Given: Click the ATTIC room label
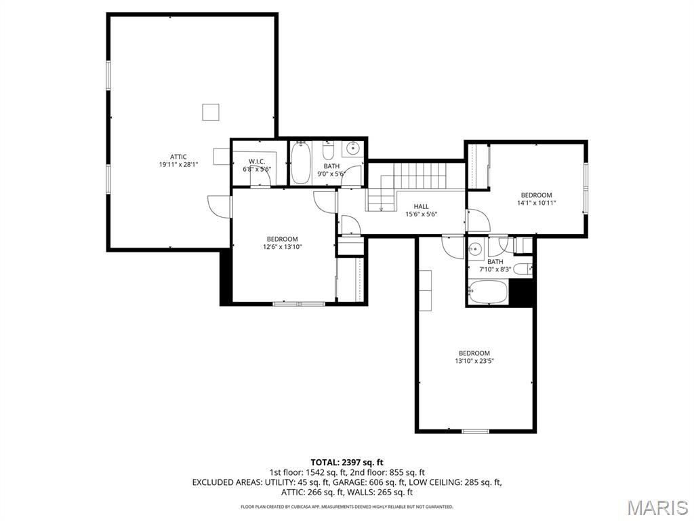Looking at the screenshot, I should click(x=178, y=157).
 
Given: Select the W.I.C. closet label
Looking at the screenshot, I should click(x=256, y=161).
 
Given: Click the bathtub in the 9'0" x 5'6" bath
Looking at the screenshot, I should click(x=301, y=163).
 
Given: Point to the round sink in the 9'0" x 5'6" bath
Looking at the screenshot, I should click(x=353, y=149).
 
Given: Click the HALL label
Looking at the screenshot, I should click(x=422, y=206).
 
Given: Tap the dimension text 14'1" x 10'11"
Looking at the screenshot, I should click(x=536, y=202).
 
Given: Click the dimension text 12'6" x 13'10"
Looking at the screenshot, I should click(x=282, y=247).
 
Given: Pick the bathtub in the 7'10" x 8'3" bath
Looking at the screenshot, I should click(x=487, y=294).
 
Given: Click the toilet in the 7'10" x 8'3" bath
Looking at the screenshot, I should click(x=523, y=269).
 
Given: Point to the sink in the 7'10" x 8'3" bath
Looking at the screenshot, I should click(x=476, y=248).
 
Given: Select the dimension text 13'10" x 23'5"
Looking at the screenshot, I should click(x=474, y=361).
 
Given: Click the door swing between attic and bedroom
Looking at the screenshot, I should click(x=219, y=206).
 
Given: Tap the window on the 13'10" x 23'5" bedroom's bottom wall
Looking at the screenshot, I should click(x=475, y=430).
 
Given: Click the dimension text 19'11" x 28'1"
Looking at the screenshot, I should click(x=178, y=165).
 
